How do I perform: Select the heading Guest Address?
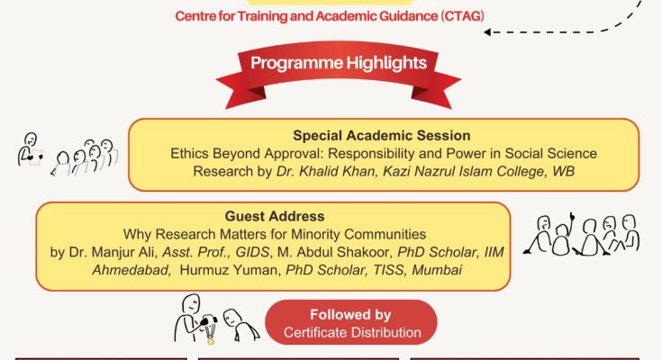[x=273, y=217]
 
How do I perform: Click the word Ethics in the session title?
[x=191, y=154]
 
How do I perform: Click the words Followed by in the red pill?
[x=351, y=315]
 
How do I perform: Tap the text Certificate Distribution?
[x=351, y=333]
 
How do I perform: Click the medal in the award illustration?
[x=211, y=340]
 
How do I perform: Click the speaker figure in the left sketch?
[x=30, y=149]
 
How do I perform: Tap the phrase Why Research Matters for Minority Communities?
[x=273, y=235]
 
